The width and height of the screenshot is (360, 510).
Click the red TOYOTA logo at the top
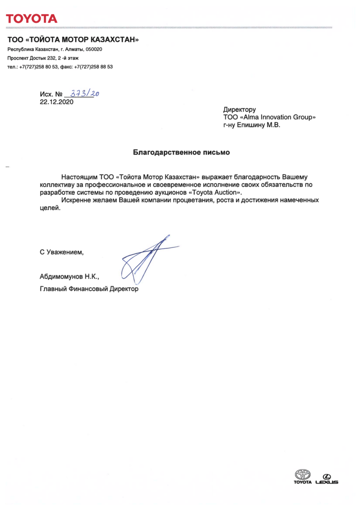(x=31, y=19)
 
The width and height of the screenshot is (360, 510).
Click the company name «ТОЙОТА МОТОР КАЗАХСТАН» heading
(x=73, y=40)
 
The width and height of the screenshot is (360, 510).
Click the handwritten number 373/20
(x=84, y=94)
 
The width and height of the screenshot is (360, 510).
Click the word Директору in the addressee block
(x=239, y=110)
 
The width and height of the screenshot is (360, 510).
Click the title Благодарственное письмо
(x=181, y=152)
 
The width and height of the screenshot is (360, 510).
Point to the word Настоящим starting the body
(x=79, y=176)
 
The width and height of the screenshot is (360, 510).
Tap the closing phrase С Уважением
(x=62, y=252)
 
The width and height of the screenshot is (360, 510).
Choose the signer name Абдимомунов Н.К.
(x=69, y=276)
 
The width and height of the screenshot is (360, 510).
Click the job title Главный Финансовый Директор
(x=89, y=289)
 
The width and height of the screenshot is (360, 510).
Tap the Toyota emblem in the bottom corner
(x=303, y=475)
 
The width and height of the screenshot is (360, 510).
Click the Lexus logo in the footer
(x=327, y=479)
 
